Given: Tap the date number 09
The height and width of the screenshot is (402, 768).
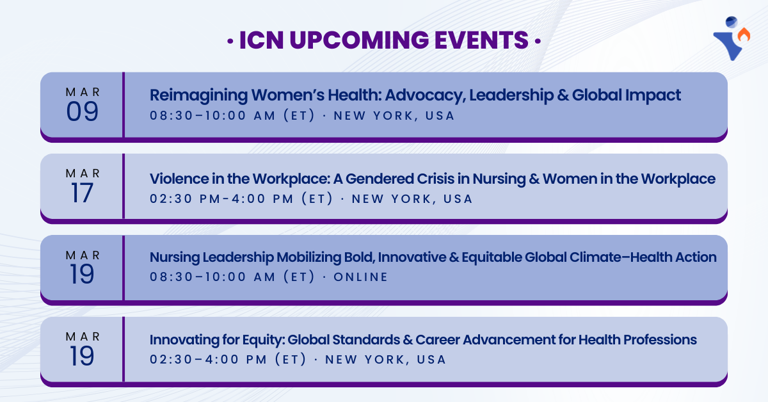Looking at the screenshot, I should point(83,112).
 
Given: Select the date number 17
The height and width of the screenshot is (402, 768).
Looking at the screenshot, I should point(83,193).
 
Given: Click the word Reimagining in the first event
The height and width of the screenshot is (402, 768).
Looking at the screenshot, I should point(198,95).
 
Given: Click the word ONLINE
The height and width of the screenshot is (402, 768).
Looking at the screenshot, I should point(361,277).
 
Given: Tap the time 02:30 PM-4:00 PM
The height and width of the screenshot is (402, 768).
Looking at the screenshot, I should point(241,199).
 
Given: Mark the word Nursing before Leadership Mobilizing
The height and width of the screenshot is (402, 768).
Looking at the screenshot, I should point(175,257).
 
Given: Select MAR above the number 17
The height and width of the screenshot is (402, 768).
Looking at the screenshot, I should point(83,173).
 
